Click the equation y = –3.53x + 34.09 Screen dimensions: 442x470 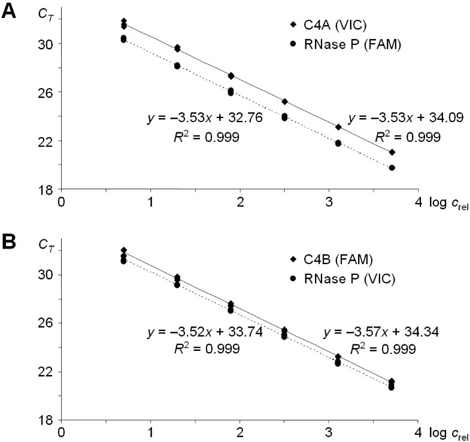pos(396,118)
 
